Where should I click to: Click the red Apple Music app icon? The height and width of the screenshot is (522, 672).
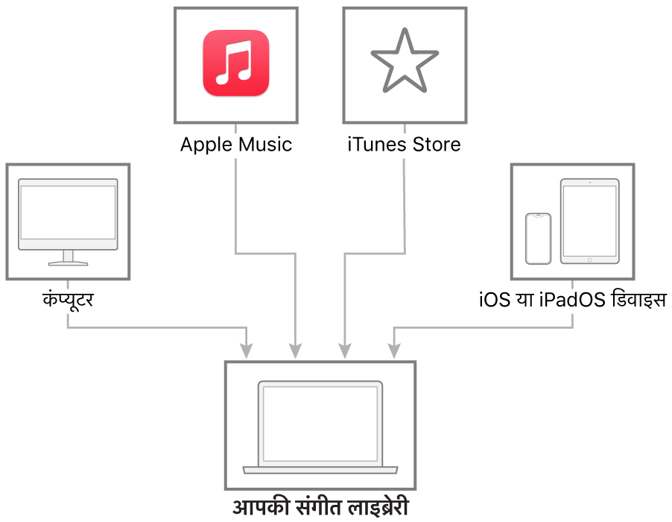tap(235, 63)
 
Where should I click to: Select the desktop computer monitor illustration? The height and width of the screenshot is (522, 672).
tap(68, 221)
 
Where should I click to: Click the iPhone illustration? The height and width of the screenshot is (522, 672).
tap(539, 239)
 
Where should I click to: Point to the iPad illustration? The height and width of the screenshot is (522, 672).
tap(590, 221)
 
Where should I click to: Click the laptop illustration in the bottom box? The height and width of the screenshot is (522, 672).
tap(320, 427)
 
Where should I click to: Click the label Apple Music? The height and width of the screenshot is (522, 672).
tap(236, 145)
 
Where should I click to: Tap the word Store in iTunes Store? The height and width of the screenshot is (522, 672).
tap(437, 145)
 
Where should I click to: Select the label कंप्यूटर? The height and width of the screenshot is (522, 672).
tap(68, 299)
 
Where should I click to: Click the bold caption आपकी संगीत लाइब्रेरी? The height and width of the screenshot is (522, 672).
tap(320, 507)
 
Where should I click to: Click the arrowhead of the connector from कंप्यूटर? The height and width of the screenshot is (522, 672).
tap(246, 351)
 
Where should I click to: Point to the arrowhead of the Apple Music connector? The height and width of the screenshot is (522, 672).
tap(295, 351)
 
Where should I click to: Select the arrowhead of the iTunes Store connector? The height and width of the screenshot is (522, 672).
tap(345, 351)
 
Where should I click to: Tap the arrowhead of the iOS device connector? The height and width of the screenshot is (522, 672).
tap(394, 351)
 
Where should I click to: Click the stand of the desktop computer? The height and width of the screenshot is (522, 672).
tap(68, 258)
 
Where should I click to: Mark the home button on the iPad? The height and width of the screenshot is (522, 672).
tap(590, 260)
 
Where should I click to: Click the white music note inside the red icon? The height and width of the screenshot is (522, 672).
tap(234, 63)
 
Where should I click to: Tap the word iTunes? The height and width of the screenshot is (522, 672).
tap(377, 145)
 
